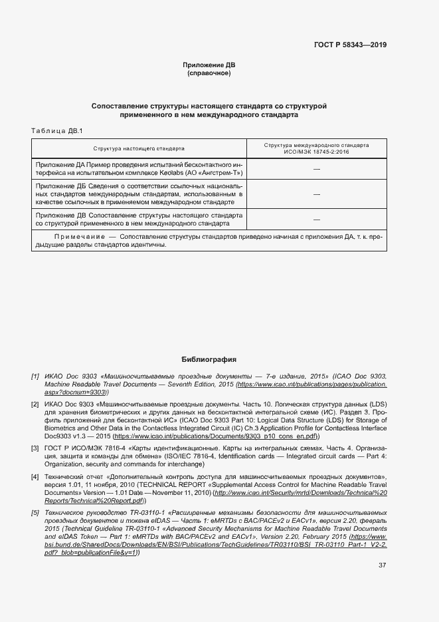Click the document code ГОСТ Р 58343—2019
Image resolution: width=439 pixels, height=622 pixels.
point(349,45)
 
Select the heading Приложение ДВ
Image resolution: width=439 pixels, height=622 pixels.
point(209,65)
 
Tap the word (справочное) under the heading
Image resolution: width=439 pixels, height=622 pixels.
point(209,73)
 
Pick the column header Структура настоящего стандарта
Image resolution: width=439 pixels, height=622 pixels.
point(139,148)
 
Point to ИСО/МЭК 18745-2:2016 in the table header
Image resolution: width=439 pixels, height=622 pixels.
point(316,152)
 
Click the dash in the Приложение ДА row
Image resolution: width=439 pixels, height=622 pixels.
point(316,170)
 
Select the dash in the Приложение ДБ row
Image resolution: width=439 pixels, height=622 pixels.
point(316,194)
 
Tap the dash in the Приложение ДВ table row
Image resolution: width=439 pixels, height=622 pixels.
point(316,219)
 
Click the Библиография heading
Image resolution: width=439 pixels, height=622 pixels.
point(209,359)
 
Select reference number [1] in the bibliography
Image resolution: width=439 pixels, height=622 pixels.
point(35,377)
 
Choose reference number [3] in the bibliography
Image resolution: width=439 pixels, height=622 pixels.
point(35,450)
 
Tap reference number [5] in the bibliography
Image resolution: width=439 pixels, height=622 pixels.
point(35,513)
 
